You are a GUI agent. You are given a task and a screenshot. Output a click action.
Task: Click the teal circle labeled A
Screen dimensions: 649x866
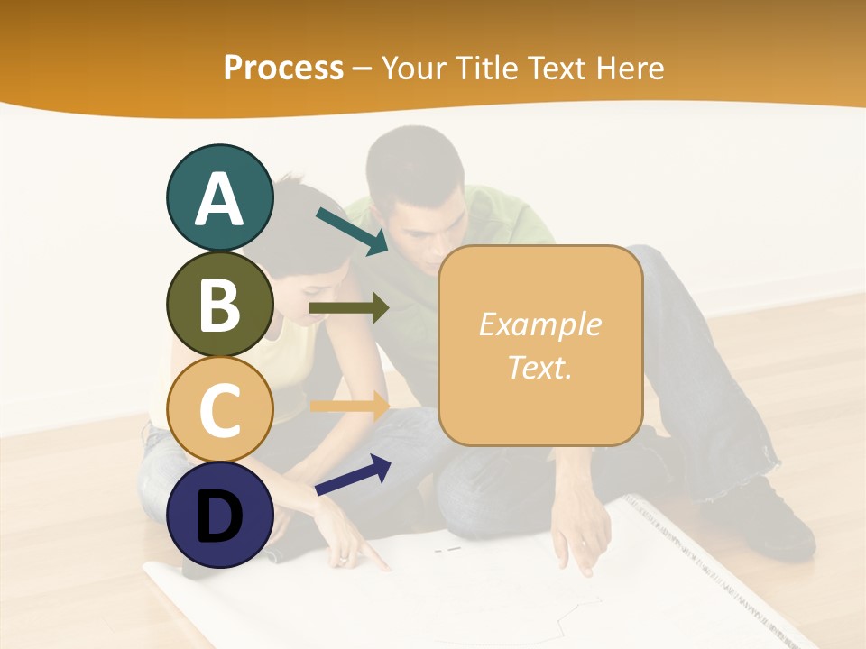point(219,197)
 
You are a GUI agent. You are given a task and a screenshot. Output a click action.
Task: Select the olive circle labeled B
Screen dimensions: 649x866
point(219,304)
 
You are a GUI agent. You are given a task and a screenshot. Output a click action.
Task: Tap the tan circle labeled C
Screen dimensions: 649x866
point(219,410)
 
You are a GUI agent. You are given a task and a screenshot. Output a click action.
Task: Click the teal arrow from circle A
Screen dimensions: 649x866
point(352,231)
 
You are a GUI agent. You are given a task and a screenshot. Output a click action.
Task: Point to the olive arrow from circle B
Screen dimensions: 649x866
point(349,308)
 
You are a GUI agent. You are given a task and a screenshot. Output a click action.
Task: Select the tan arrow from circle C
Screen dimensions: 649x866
point(349,406)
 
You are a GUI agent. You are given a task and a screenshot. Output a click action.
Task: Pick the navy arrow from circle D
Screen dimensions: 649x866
point(353,475)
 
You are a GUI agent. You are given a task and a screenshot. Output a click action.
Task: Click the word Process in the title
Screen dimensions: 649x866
point(283,68)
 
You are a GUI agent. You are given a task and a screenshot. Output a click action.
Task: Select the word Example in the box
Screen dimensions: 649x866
point(540,324)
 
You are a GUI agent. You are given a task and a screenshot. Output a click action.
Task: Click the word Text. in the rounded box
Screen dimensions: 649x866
point(540,367)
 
